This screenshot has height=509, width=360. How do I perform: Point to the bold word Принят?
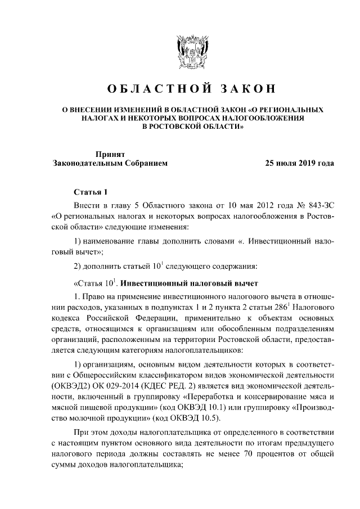tap(110, 154)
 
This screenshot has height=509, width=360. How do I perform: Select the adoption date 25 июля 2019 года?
tap(295, 164)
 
